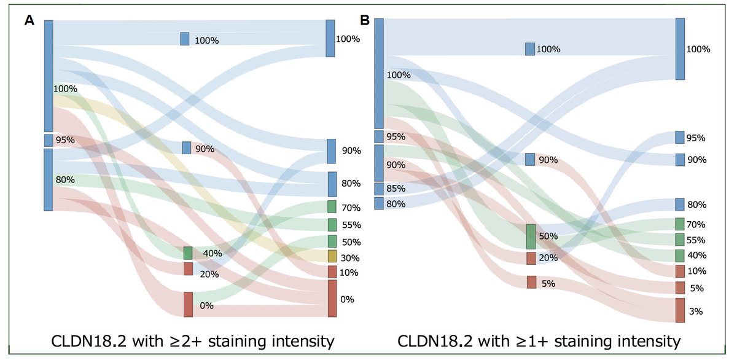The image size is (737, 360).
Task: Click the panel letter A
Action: [29, 21]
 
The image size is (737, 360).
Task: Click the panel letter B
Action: [364, 21]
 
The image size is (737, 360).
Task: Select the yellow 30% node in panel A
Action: [332, 256]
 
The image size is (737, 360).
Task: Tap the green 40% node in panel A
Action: [188, 253]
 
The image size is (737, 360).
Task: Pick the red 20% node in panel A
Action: [188, 269]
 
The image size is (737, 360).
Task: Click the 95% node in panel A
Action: [49, 140]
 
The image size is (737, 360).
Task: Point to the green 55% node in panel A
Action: [332, 224]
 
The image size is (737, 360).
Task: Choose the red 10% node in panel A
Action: [332, 272]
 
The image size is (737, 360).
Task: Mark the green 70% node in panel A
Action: [332, 207]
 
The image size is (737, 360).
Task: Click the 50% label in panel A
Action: [351, 241]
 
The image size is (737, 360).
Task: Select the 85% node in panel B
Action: [379, 189]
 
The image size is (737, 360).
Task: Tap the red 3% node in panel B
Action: [680, 310]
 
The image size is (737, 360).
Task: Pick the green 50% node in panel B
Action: [531, 237]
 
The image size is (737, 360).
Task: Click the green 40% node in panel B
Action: [680, 256]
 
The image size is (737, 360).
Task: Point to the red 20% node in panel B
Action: [531, 258]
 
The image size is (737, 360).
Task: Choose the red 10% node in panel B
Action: [680, 272]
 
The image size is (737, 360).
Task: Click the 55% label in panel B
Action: [696, 240]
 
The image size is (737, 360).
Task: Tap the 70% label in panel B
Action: [696, 224]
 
